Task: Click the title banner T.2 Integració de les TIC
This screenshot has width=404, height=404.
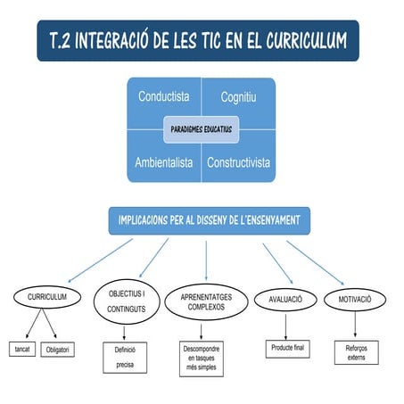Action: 198,41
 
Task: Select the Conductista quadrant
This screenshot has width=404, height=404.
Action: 163,96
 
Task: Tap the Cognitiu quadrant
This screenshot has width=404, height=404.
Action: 238,96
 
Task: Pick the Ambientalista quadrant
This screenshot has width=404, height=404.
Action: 163,162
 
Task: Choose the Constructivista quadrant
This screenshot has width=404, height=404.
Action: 238,162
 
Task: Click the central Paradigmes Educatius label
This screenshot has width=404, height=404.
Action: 201,129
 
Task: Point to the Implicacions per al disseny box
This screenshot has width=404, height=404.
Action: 209,219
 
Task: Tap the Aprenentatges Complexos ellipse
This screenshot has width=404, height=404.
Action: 206,301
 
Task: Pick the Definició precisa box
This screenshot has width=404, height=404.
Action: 125,359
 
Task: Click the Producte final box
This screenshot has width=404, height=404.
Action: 286,347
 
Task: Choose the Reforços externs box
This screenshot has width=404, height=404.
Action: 356,351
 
